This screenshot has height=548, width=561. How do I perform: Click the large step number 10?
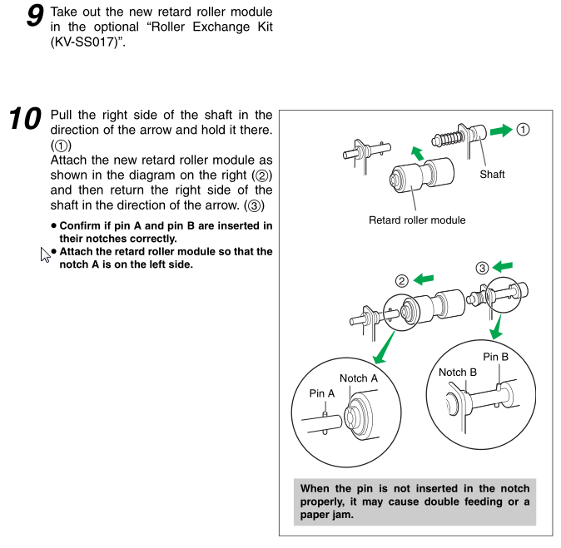click(x=24, y=119)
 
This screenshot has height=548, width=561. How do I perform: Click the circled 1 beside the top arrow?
click(x=523, y=129)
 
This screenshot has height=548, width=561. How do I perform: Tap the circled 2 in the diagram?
click(x=403, y=280)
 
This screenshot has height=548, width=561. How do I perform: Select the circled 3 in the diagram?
click(x=483, y=268)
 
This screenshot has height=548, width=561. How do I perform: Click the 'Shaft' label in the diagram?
click(x=492, y=175)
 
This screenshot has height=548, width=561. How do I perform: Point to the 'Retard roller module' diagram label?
click(x=417, y=220)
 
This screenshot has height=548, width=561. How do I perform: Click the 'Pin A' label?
click(x=322, y=392)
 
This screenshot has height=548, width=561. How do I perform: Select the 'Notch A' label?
click(x=359, y=378)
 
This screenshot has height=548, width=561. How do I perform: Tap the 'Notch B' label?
click(x=457, y=372)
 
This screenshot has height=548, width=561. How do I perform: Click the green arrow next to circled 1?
click(x=500, y=130)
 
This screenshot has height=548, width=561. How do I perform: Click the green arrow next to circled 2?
click(x=424, y=279)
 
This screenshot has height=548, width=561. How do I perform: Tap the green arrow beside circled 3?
click(x=503, y=266)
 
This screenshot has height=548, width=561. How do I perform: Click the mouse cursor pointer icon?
click(x=45, y=254)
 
